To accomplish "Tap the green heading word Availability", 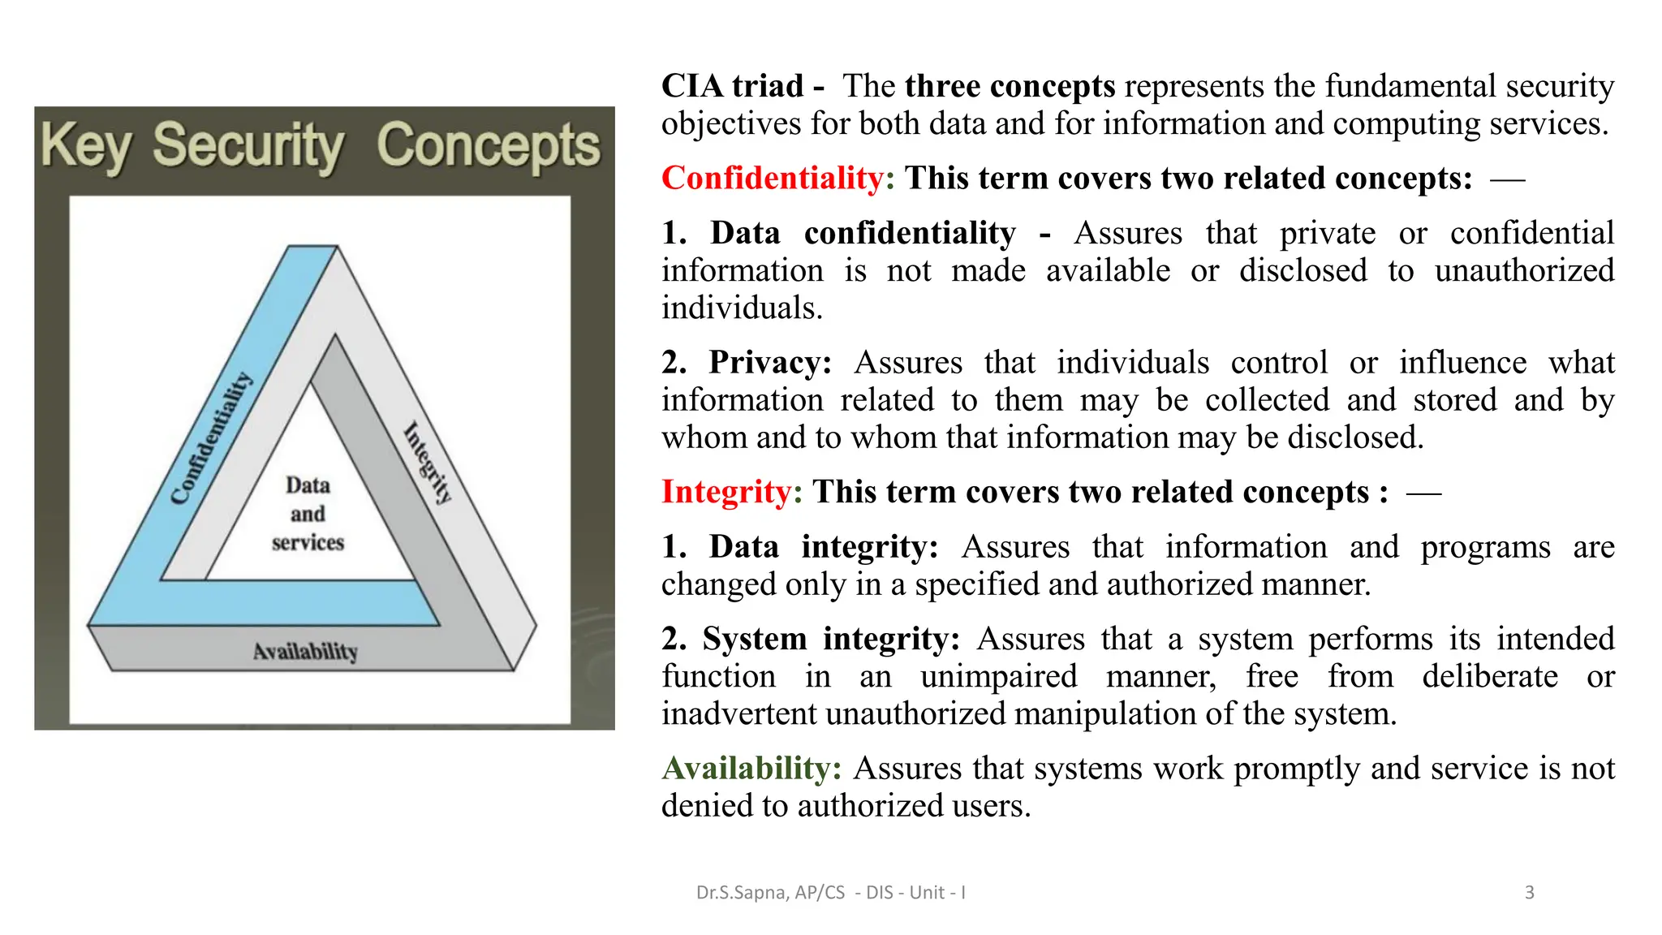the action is [751, 768].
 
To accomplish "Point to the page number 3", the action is [1529, 893].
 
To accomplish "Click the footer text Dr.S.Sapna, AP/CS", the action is [770, 893].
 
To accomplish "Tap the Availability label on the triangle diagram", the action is [305, 652].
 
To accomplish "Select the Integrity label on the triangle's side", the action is [428, 463].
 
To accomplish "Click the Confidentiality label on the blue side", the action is [211, 439].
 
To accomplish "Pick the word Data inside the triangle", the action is [308, 485].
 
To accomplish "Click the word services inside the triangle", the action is [308, 542].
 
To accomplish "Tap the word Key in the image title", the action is [86, 147].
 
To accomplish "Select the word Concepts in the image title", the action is [489, 145].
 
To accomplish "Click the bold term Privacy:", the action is [770, 362].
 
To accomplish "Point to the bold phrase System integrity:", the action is [831, 639].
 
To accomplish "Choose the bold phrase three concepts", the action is [1010, 86].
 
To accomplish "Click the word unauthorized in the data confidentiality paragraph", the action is [1524, 270].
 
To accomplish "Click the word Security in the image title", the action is [248, 147].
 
